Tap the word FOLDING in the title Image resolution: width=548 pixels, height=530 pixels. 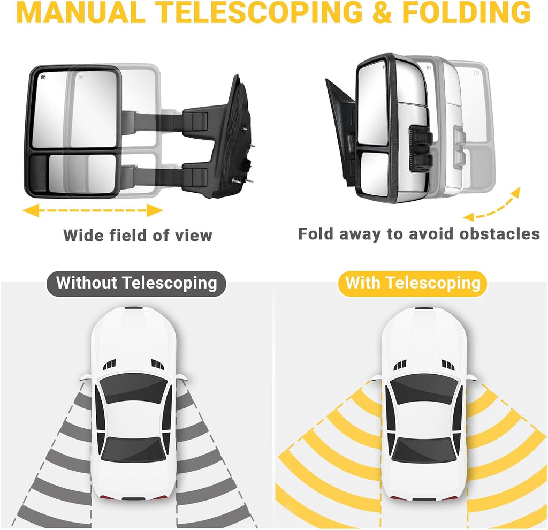coord(466,13)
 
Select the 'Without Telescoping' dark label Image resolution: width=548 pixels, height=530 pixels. coord(136,283)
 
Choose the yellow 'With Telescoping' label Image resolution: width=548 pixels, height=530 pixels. coord(413,283)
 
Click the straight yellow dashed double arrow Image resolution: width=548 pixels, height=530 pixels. coord(93,210)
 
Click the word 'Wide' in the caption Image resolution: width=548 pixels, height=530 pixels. coord(83,235)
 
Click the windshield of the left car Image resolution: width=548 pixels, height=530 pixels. coord(133,390)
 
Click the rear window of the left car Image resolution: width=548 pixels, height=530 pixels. coord(133,450)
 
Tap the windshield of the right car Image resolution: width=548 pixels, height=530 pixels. coord(423,390)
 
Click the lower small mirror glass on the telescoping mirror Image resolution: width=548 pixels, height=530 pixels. coord(82,173)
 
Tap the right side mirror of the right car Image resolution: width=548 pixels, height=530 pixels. coord(470,377)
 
